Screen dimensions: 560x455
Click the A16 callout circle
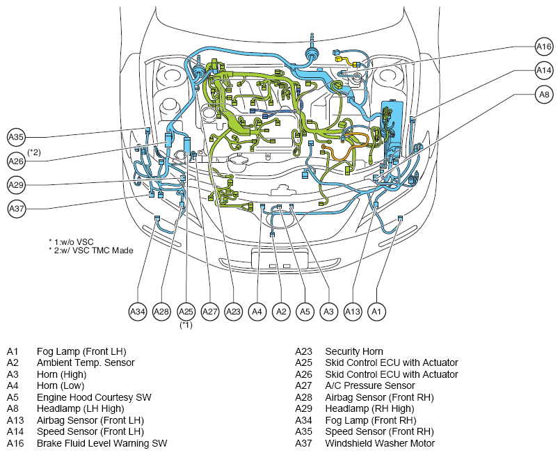[x=544, y=47]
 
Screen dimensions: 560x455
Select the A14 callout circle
[x=544, y=70]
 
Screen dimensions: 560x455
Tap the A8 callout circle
[x=544, y=95]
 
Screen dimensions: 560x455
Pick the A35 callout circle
[x=16, y=137]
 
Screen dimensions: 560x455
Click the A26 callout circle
[x=16, y=161]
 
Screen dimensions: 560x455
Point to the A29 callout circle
[x=16, y=185]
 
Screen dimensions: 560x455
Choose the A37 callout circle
[x=17, y=209]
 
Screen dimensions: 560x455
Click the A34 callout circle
[x=138, y=312]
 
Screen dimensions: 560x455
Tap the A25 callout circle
[x=186, y=312]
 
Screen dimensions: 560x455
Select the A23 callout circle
[x=234, y=312]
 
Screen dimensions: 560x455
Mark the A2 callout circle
[x=281, y=312]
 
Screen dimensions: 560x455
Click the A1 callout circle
[x=376, y=312]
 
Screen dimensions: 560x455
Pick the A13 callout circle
[x=353, y=312]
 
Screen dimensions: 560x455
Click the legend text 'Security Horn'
[x=354, y=352]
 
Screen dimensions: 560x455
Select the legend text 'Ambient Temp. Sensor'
[x=86, y=363]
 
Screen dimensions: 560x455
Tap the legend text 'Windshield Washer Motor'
[x=380, y=444]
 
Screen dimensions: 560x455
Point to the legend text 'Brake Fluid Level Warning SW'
[x=102, y=444]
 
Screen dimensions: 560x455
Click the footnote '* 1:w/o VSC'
[x=71, y=242]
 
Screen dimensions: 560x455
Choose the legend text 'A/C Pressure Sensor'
[x=370, y=386]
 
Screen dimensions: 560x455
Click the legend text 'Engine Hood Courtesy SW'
[x=94, y=397]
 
